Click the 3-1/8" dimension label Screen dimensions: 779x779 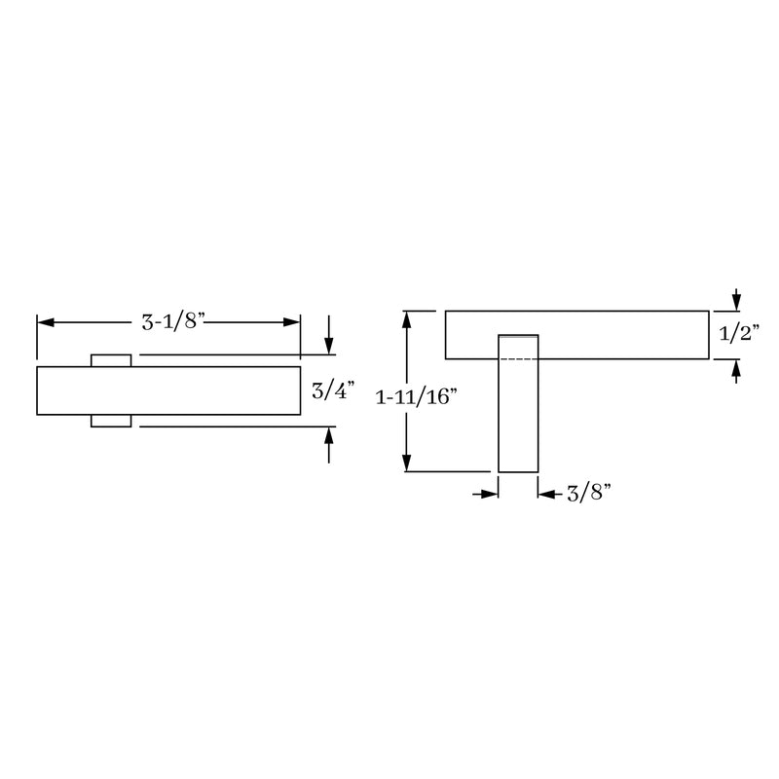click(x=173, y=322)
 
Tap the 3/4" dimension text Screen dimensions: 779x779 click(x=333, y=390)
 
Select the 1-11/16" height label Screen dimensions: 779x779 click(x=416, y=397)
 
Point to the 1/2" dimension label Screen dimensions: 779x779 click(x=739, y=333)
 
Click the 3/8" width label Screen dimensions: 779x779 click(x=589, y=493)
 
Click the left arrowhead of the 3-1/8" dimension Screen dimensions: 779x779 click(x=45, y=322)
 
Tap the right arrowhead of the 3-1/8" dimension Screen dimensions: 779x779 click(x=291, y=322)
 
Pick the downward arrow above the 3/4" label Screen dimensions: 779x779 click(x=329, y=334)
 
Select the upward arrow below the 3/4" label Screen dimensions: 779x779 click(x=329, y=445)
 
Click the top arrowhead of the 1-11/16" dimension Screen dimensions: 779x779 click(x=407, y=319)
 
